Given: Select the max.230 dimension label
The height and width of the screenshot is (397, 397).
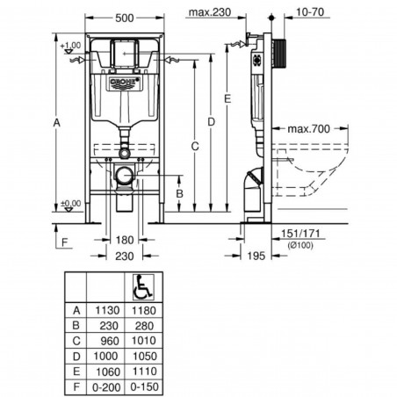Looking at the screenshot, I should click(209, 12).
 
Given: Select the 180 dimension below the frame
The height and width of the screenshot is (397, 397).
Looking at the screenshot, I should click(126, 240).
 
